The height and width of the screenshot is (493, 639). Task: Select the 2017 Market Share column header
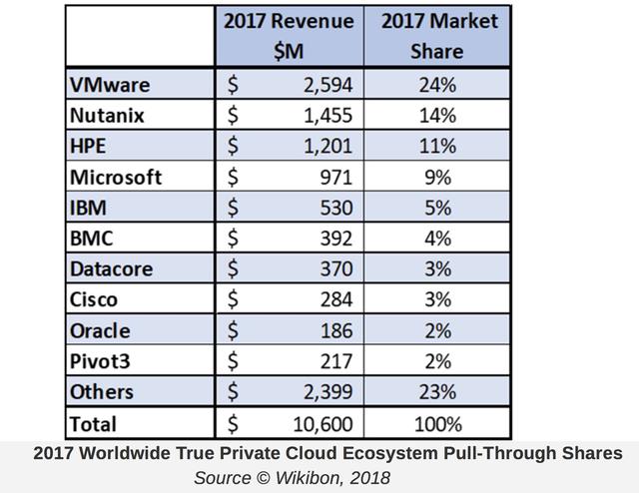(435, 35)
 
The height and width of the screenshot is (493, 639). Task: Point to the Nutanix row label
(108, 114)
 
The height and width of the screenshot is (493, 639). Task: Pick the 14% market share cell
(435, 114)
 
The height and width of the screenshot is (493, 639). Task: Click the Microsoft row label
(116, 177)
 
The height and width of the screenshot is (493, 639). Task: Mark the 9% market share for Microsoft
(436, 177)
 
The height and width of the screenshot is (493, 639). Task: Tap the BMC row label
(94, 239)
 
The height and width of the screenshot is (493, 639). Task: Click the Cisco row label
(95, 299)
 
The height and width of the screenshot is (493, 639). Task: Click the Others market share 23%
(435, 392)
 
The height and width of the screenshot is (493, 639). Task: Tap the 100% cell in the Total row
(435, 423)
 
